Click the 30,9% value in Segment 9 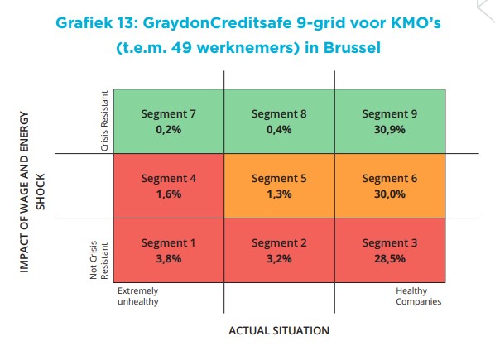(390, 130)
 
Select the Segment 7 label (169, 114)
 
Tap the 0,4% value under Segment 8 (279, 130)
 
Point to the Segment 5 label (279, 179)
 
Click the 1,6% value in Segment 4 (169, 194)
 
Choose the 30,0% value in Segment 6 (390, 194)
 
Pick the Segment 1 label (168, 243)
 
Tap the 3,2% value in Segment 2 (279, 259)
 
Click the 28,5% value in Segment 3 (390, 259)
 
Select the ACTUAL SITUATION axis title (279, 331)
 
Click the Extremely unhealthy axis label (138, 296)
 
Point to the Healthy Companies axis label (419, 296)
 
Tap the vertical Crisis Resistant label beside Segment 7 (104, 121)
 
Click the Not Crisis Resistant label (99, 261)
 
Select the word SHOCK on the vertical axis (41, 191)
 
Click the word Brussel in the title (352, 48)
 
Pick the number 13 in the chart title (127, 23)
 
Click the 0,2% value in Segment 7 (169, 130)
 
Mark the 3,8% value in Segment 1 (169, 259)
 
